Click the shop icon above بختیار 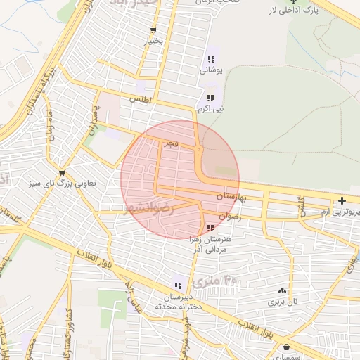153,30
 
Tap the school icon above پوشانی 211,59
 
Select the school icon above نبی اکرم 210,98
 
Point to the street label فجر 172,143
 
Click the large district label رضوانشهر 150,208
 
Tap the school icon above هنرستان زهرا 211,228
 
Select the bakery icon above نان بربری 283,290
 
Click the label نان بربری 283,302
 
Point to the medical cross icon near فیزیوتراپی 342,200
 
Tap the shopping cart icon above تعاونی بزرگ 63,173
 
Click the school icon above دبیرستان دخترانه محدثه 179,285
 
